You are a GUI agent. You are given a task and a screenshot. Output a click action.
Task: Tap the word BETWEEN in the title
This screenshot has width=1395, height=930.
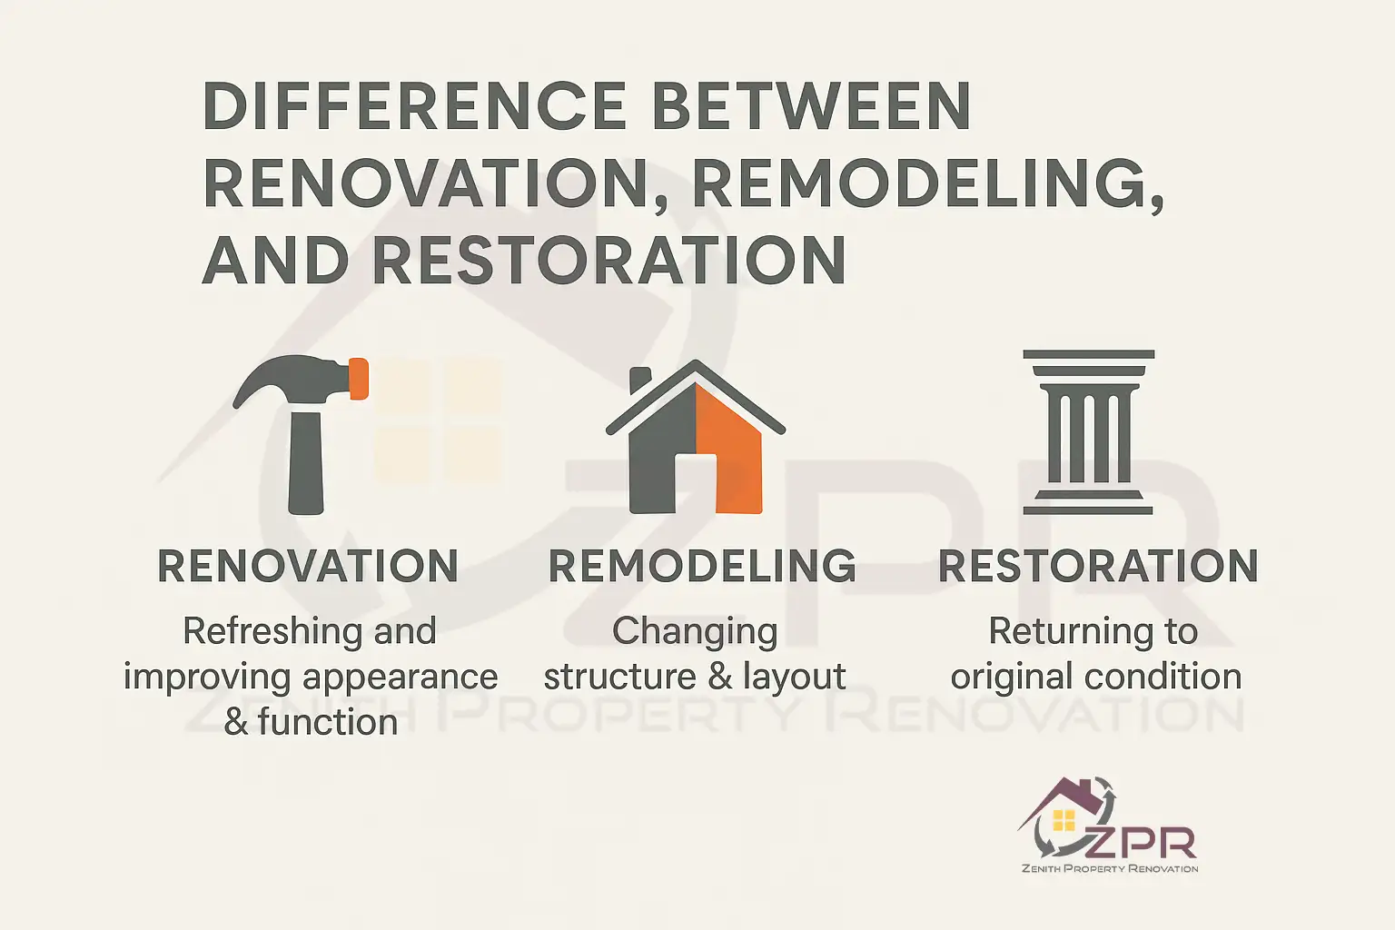[x=811, y=105]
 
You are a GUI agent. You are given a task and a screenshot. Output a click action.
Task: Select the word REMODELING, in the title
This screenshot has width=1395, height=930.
[x=928, y=183]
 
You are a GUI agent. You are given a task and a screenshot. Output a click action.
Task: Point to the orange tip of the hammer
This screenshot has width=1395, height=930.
[x=359, y=379]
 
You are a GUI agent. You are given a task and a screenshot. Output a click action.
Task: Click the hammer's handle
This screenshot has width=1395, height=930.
[x=305, y=463]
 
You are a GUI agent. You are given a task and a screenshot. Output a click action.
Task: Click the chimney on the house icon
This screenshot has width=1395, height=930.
[x=640, y=380]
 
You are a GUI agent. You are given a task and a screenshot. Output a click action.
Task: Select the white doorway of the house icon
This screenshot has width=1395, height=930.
[x=696, y=481]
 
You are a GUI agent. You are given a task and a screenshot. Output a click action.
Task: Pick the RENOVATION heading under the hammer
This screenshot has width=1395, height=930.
[x=308, y=567]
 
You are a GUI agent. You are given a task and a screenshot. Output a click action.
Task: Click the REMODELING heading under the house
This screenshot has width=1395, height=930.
[x=702, y=567]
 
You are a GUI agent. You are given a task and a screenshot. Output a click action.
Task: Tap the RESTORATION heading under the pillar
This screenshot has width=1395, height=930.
[x=1098, y=567]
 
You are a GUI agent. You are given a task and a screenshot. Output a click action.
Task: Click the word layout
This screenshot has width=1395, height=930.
[x=794, y=678]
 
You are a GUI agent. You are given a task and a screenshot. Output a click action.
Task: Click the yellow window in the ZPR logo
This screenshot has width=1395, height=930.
[x=1064, y=821]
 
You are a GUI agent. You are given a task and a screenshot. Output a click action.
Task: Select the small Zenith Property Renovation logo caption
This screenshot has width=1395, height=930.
[x=1110, y=869]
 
